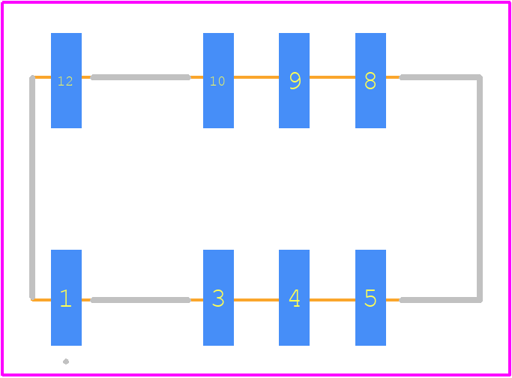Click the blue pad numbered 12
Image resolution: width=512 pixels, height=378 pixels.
point(66,80)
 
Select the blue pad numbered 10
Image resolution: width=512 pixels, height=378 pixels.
point(218,80)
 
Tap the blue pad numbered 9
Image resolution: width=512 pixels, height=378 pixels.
point(294,80)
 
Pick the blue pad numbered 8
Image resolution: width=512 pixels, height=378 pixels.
point(370,80)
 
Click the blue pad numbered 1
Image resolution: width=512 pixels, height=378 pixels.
point(66,298)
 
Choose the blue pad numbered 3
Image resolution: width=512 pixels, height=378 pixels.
point(218,298)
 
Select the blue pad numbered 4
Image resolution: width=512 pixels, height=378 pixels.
point(294,298)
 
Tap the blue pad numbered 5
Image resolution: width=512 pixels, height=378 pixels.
point(370,298)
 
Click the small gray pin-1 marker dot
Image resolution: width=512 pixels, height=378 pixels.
point(66,361)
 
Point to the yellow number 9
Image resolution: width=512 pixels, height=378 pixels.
point(295,81)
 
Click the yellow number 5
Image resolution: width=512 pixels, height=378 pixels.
point(370,298)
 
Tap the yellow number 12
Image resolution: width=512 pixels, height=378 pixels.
point(65,81)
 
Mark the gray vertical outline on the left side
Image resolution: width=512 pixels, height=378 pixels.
point(32,187)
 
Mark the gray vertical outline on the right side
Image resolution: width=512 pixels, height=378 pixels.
point(479,188)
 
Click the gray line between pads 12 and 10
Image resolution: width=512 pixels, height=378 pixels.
point(141,77)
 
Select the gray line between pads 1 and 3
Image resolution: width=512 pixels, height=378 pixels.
point(141,300)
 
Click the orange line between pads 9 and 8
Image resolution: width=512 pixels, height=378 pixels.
point(332,77)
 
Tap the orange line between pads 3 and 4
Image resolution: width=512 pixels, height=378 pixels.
point(256,300)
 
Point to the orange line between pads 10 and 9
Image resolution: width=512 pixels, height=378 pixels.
point(256,77)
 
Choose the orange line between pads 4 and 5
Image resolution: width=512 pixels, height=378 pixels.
point(332,300)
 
